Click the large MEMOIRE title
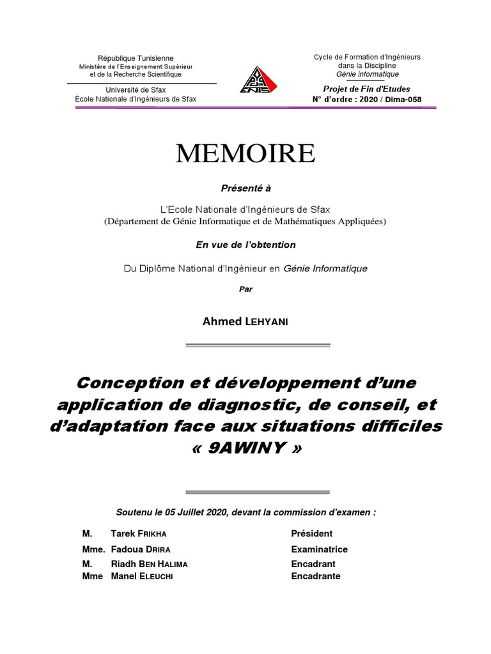245,154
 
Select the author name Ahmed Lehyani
245,321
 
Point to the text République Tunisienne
135,58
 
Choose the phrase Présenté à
245,188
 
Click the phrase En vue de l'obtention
245,245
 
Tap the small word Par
245,289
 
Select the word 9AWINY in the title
245,448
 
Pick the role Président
311,533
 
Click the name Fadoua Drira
141,549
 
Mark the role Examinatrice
319,549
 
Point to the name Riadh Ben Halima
149,564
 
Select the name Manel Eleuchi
142,576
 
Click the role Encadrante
316,576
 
